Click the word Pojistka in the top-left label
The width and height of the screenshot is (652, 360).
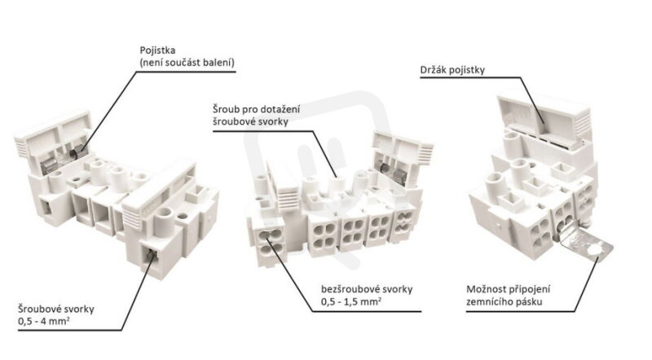(157, 50)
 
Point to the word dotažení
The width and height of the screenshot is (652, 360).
(280, 109)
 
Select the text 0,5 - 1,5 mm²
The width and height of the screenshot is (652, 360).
(351, 301)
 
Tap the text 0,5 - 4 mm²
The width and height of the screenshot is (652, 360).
(44, 322)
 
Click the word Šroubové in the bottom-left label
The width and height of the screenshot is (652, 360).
(37, 309)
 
